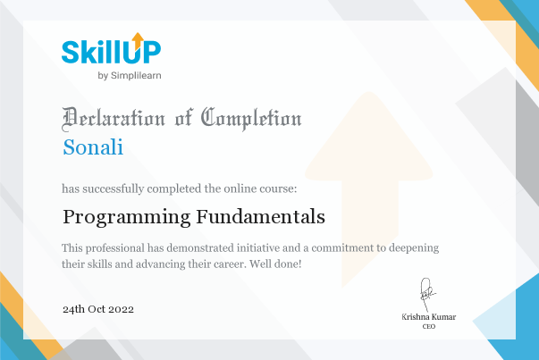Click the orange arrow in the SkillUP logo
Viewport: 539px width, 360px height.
[x=138, y=41]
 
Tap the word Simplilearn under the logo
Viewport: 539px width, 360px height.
[x=136, y=76]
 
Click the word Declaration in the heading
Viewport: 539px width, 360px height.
[x=114, y=119]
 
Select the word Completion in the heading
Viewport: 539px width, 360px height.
[x=251, y=119]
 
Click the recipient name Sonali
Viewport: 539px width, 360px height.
[x=93, y=147]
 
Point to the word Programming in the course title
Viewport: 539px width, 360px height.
[x=127, y=218]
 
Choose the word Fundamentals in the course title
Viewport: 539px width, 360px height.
[x=261, y=217]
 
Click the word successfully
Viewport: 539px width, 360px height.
[x=114, y=188]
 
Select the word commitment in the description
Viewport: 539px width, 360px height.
[x=342, y=247]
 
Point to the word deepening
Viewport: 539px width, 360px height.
[x=414, y=248]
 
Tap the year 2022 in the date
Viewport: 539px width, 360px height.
[x=121, y=309]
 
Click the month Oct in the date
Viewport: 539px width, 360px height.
[x=97, y=309]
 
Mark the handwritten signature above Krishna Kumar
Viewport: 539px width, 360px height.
[x=427, y=294]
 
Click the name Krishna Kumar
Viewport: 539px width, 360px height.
[x=429, y=317]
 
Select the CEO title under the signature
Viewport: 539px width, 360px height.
[x=429, y=326]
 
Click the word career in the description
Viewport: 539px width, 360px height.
[x=229, y=264]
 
